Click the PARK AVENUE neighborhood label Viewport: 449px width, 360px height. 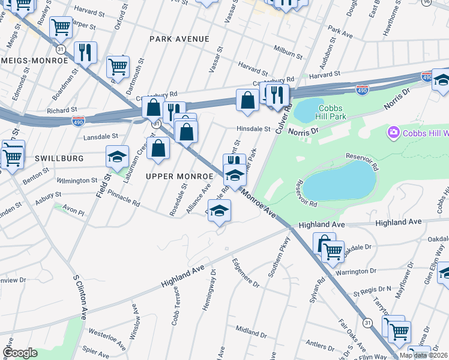point(179,39)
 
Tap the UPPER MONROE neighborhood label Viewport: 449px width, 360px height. point(180,176)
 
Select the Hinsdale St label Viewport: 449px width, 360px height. point(253,128)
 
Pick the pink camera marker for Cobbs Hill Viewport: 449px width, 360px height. point(394,131)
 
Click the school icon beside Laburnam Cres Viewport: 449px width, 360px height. point(117,157)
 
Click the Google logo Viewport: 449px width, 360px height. point(19,353)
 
